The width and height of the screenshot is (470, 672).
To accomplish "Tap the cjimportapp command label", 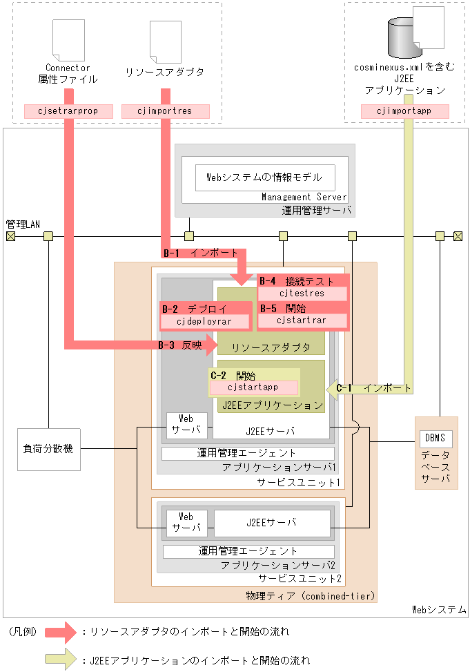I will click(x=405, y=111).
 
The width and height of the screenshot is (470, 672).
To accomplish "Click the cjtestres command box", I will click(x=302, y=294).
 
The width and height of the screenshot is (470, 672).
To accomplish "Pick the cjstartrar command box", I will click(x=302, y=320).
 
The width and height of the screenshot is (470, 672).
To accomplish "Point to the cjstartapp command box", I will click(x=253, y=387).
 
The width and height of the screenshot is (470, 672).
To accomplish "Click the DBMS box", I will click(x=435, y=438).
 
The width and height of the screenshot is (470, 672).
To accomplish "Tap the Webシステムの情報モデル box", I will click(x=265, y=177).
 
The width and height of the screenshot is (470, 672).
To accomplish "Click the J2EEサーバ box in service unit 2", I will click(x=271, y=523).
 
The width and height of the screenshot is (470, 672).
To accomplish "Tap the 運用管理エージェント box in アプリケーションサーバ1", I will click(x=248, y=454).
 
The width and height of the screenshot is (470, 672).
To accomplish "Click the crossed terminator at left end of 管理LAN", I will click(x=10, y=236).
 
